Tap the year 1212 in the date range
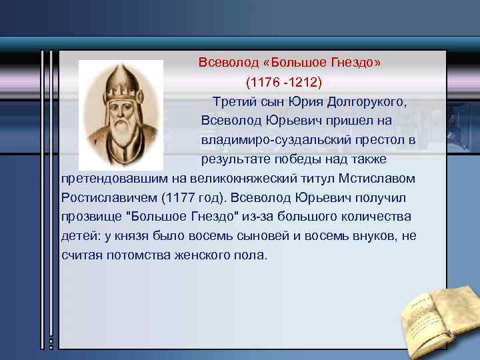pyautogui.click(x=305, y=83)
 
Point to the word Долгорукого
pyautogui.click(x=366, y=102)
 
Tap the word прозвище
pyautogui.click(x=90, y=218)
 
